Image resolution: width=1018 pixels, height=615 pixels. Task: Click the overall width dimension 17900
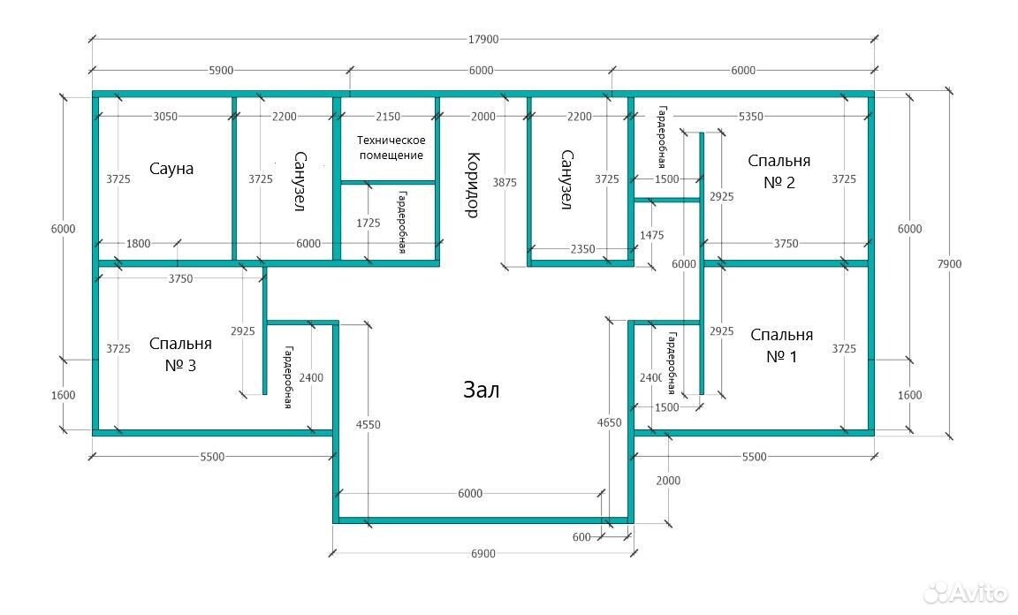pos(483,39)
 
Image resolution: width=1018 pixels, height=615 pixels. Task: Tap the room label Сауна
pos(171,169)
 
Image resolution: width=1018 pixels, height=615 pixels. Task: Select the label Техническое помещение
pos(391,148)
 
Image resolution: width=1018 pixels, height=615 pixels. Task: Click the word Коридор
pos(473,185)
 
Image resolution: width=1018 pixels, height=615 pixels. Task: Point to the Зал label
pos(481,390)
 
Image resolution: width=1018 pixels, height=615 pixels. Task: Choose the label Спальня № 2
pos(779,171)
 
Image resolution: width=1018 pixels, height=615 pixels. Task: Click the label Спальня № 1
pos(782,345)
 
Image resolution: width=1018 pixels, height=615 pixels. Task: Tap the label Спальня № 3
pos(180,354)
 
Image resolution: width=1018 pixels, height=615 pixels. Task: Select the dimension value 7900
pos(949,263)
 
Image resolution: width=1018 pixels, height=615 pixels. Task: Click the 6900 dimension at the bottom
pos(483,553)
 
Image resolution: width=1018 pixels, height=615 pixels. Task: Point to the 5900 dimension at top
pos(221,70)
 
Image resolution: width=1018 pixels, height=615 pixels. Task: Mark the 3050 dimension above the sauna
pos(165,117)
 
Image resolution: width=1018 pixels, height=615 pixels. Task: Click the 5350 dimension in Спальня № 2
pos(751,117)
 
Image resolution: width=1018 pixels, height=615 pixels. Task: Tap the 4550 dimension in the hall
pos(368,425)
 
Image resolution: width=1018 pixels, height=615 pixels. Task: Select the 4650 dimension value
pos(610,422)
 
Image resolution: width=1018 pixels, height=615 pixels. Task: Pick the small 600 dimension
pos(581,537)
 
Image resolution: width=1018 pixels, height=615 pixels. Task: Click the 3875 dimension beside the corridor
pos(505,183)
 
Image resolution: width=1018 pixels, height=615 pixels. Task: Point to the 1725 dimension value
pos(368,223)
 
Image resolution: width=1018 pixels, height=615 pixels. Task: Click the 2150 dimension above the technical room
pos(388,117)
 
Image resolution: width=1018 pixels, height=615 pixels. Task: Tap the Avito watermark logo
pos(967,591)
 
